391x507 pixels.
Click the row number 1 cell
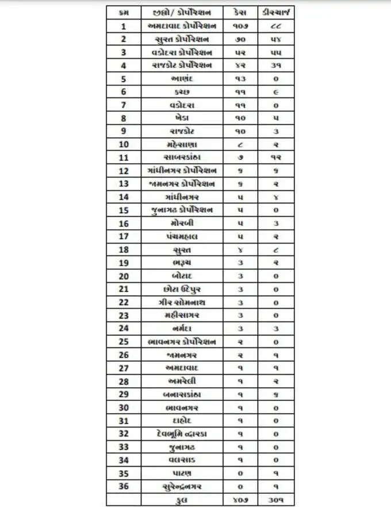pyautogui.click(x=124, y=26)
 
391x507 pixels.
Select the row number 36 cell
pyautogui.click(x=124, y=486)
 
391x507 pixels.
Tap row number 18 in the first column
pyautogui.click(x=124, y=249)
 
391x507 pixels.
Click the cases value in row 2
pyautogui.click(x=241, y=39)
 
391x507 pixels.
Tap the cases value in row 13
pyautogui.click(x=241, y=184)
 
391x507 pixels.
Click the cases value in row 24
pyautogui.click(x=241, y=328)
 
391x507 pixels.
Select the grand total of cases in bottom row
pyautogui.click(x=241, y=499)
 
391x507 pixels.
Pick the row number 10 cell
pyautogui.click(x=124, y=144)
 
